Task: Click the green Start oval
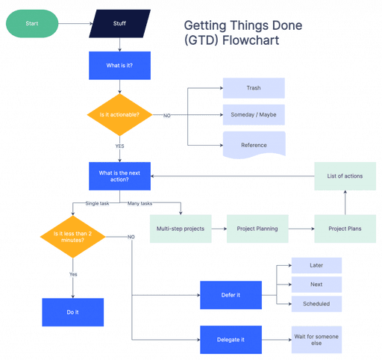pos(32,23)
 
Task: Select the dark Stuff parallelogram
pos(119,23)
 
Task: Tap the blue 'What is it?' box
pos(119,66)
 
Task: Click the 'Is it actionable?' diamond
pos(119,115)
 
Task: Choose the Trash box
pos(254,88)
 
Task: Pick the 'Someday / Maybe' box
pos(254,115)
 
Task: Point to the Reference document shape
pos(254,144)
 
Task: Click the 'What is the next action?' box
pos(119,176)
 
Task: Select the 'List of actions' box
pos(345,176)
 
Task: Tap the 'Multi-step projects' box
pos(181,228)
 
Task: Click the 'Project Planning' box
pos(257,228)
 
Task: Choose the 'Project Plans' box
pos(345,228)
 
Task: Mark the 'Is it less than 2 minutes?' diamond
pos(72,237)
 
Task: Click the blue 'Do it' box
pos(72,312)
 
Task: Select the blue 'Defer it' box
pos(231,295)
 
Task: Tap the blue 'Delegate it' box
pos(231,340)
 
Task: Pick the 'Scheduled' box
pos(316,304)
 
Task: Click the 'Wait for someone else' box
pos(316,340)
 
